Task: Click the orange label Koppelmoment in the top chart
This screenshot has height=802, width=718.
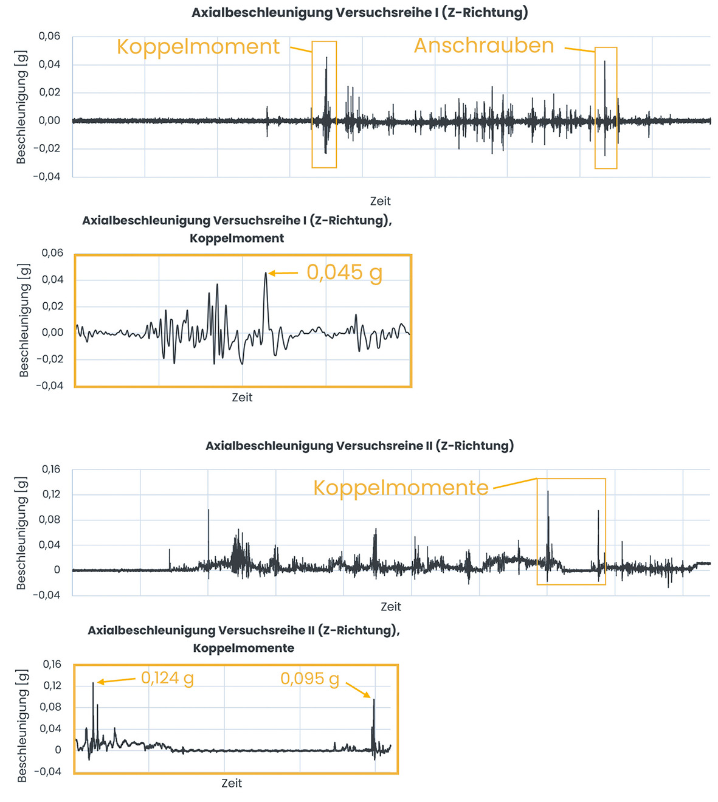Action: tap(198, 47)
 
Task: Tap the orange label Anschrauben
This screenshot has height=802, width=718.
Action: tap(484, 46)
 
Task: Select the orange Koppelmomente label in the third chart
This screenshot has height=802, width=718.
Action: tap(401, 488)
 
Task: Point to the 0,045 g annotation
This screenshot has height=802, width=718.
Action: tap(344, 272)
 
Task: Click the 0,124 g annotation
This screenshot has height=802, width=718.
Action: tap(167, 677)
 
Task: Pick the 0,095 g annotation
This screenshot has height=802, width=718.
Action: tap(309, 679)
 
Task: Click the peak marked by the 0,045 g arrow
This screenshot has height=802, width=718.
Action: tap(266, 273)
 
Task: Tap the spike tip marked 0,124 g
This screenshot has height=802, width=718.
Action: tap(93, 683)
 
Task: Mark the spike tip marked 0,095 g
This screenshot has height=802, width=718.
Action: tap(374, 700)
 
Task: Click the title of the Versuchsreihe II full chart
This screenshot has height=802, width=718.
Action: tap(359, 446)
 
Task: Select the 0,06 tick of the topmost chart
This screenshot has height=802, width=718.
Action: tap(50, 36)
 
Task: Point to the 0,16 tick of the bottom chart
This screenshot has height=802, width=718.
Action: tap(52, 664)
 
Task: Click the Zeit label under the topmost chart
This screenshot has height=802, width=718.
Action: tap(380, 201)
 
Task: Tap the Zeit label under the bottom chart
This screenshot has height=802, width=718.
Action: tap(232, 783)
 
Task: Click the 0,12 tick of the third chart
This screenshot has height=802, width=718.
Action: tap(50, 494)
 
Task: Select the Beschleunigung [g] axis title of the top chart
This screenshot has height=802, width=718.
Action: tap(21, 107)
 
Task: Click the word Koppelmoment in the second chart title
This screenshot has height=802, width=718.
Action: tap(236, 238)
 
